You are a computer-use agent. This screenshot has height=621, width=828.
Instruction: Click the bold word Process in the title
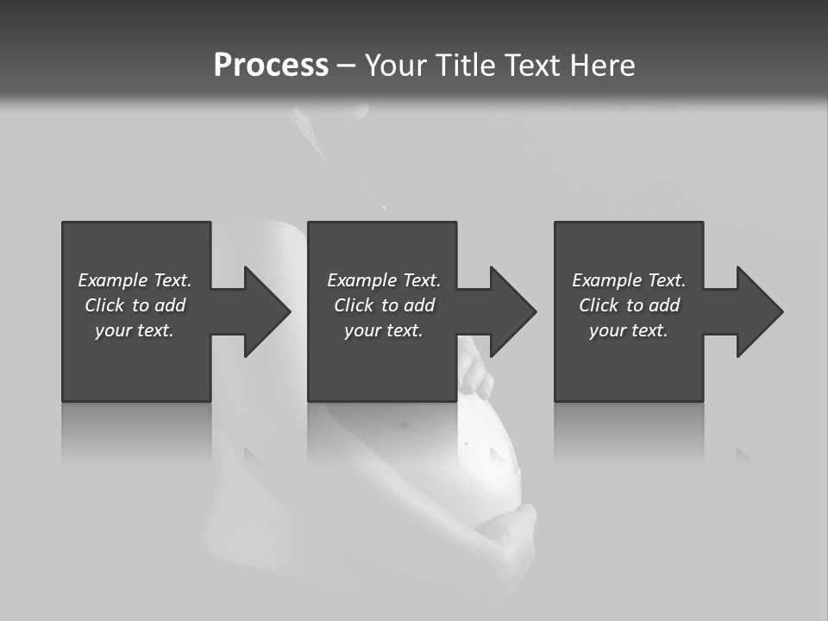[271, 66]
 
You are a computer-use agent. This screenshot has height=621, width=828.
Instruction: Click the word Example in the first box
[113, 280]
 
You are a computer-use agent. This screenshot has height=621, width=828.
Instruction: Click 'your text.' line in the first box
[135, 330]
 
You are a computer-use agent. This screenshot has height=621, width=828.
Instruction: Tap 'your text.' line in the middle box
[384, 330]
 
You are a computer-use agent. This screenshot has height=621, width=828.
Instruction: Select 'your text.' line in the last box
[629, 330]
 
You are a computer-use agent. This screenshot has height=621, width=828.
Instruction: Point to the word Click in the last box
[599, 305]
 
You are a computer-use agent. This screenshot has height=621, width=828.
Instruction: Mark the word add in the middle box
[419, 305]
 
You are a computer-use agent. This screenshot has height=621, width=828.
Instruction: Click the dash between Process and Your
[346, 66]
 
